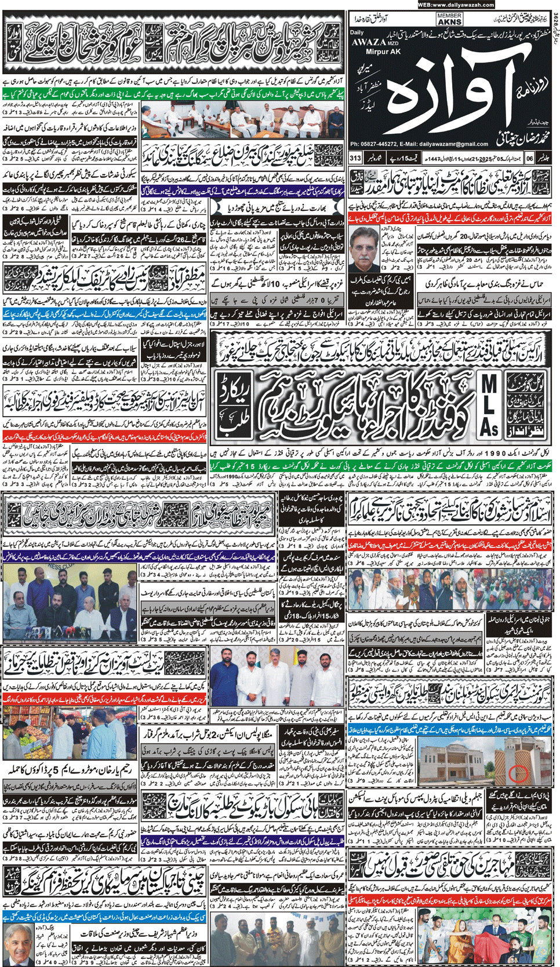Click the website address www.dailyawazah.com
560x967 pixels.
click(456, 5)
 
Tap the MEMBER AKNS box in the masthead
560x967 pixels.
click(449, 19)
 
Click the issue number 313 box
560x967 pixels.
click(355, 158)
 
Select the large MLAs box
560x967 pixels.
click(488, 404)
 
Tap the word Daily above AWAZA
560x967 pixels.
click(357, 32)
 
